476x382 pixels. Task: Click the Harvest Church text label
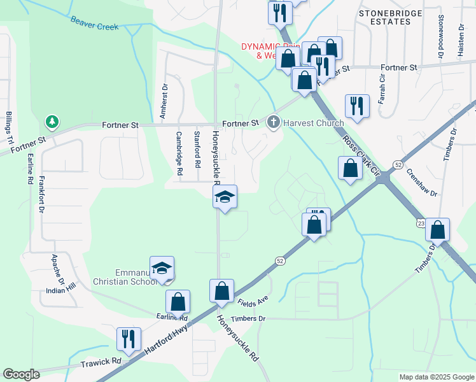click(313, 123)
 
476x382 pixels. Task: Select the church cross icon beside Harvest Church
click(274, 122)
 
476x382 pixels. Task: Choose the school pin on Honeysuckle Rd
click(225, 197)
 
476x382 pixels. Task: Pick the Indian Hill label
click(61, 291)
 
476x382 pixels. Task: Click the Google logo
click(21, 374)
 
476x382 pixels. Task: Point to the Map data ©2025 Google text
click(436, 377)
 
